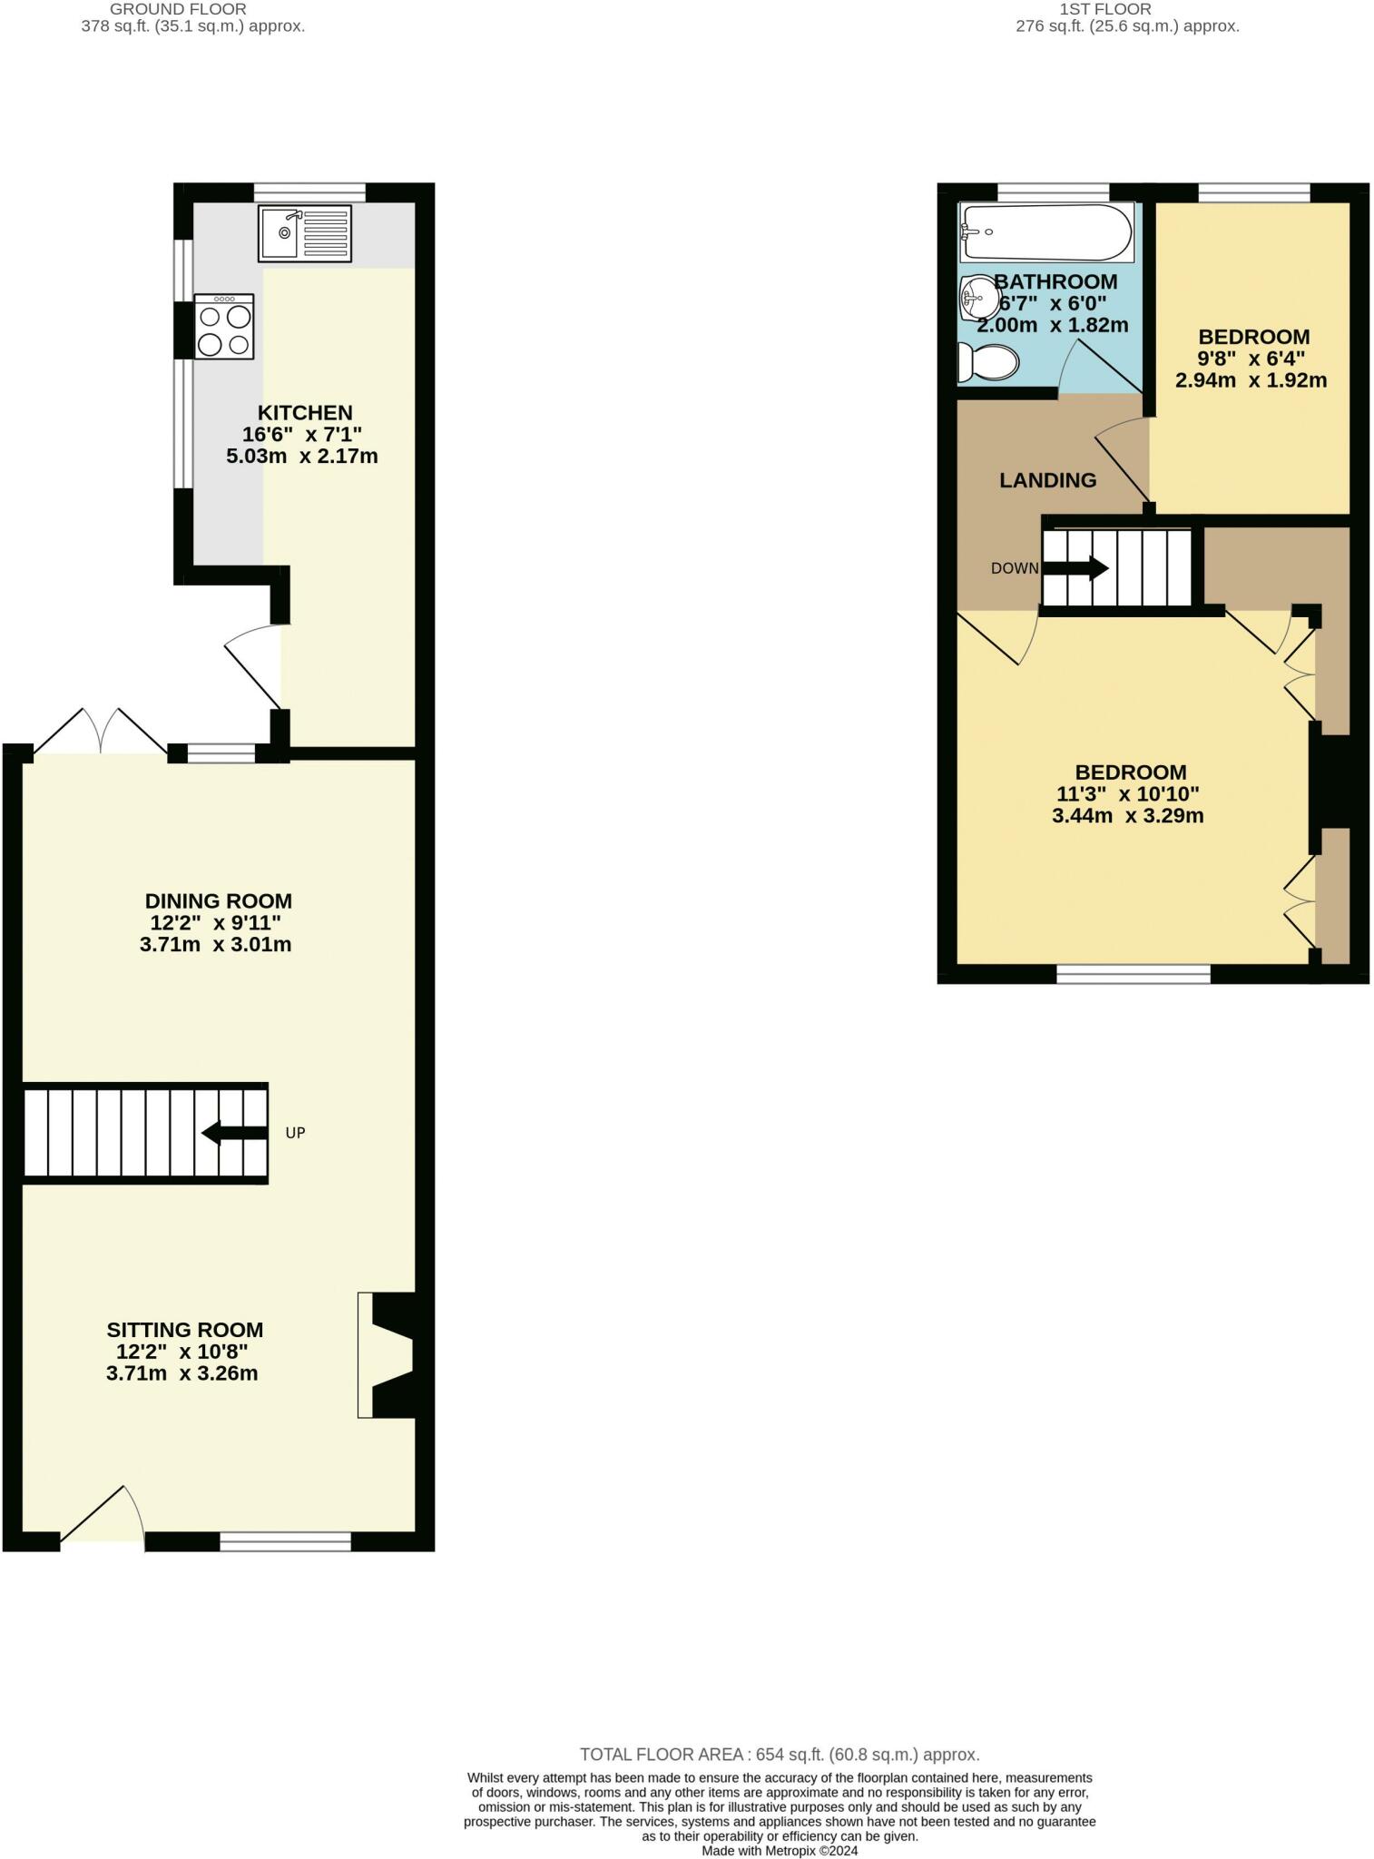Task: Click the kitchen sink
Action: click(x=304, y=233)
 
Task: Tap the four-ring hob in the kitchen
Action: click(x=224, y=327)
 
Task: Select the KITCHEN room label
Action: click(x=304, y=413)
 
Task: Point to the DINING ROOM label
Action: click(x=219, y=901)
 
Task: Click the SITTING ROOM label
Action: click(x=185, y=1330)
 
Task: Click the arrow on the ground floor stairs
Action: click(x=233, y=1133)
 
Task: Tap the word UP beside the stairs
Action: click(x=296, y=1133)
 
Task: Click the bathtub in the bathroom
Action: click(x=1046, y=231)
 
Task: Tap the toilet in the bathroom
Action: click(x=988, y=365)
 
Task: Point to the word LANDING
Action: click(x=1048, y=480)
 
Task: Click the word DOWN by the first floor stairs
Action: click(x=1015, y=569)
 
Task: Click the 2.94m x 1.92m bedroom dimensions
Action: click(x=1251, y=380)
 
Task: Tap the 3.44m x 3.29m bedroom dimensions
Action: click(x=1128, y=815)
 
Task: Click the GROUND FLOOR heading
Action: click(x=178, y=9)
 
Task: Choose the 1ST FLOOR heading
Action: click(x=1105, y=9)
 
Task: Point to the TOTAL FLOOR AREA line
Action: click(x=780, y=1755)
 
